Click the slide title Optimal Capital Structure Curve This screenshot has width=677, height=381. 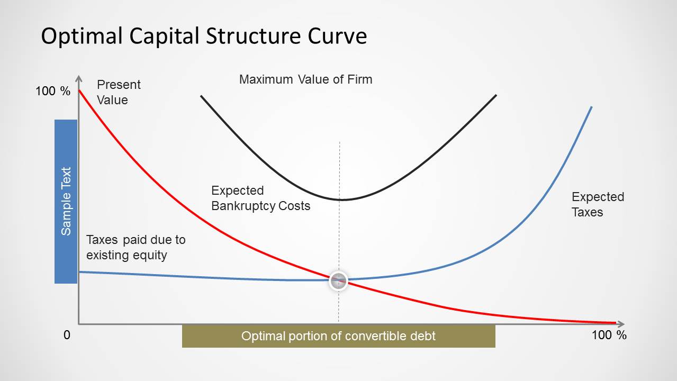pyautogui.click(x=204, y=37)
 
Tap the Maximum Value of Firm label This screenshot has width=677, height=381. pyautogui.click(x=305, y=79)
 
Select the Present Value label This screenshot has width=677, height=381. pyautogui.click(x=119, y=92)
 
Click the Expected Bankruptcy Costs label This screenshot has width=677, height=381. pyautogui.click(x=260, y=198)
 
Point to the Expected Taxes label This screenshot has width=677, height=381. pyautogui.click(x=598, y=204)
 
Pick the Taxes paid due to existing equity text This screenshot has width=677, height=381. pyautogui.click(x=136, y=247)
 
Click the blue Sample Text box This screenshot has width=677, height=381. pyautogui.click(x=66, y=201)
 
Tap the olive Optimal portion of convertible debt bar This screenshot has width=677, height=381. pyautogui.click(x=338, y=336)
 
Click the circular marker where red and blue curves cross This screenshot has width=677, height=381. pyautogui.click(x=338, y=281)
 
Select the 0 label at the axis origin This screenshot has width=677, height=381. pyautogui.click(x=67, y=335)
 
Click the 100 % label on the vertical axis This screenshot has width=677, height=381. pyautogui.click(x=52, y=91)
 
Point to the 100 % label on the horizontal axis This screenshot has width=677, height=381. pyautogui.click(x=609, y=335)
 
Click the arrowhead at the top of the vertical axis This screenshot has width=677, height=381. pyautogui.click(x=79, y=78)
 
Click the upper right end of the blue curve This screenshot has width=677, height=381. pyautogui.click(x=591, y=107)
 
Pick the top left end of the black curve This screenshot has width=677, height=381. pyautogui.click(x=201, y=96)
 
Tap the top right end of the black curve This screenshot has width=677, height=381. pyautogui.click(x=496, y=95)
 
